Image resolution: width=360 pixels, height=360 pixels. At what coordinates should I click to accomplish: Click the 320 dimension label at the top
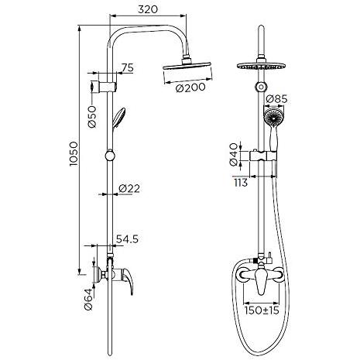[148, 9]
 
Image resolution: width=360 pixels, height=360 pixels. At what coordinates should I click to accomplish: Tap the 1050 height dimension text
[74, 154]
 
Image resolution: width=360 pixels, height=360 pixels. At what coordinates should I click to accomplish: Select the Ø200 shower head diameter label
[190, 88]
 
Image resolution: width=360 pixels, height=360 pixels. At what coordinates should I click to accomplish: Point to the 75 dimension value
[128, 67]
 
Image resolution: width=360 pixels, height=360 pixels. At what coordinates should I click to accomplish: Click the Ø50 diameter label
[92, 117]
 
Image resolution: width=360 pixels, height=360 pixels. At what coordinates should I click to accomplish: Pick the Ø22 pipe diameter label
[129, 189]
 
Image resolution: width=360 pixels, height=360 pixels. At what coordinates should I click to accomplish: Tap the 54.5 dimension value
[127, 239]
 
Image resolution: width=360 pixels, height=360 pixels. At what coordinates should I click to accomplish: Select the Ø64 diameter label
[88, 299]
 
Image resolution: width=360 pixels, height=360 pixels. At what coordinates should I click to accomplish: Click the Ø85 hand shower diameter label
[276, 99]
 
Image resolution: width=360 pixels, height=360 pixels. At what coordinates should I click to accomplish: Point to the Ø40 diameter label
[234, 155]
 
